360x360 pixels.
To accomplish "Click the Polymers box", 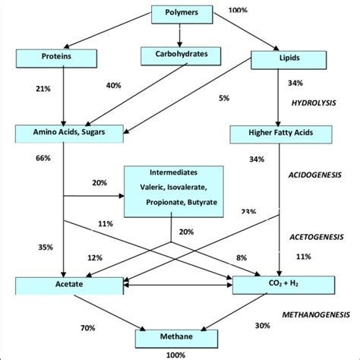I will (x=179, y=14).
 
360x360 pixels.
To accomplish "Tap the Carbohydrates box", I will (x=179, y=55).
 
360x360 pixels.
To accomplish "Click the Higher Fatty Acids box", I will (x=280, y=134).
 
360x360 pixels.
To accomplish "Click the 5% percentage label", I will (x=201, y=98).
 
